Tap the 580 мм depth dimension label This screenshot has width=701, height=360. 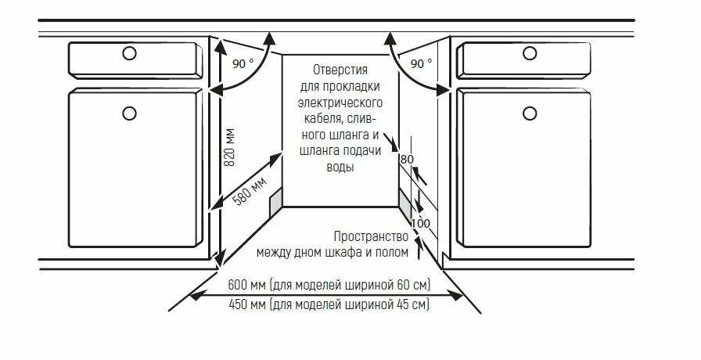(x=250, y=191)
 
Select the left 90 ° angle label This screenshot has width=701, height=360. (x=243, y=64)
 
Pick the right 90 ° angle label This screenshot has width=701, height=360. (x=421, y=64)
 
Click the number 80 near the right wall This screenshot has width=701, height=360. (x=407, y=159)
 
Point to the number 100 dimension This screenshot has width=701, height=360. (x=420, y=223)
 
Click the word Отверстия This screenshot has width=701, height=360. (x=340, y=70)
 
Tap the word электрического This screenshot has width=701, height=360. (x=340, y=103)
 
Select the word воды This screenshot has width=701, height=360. (x=340, y=167)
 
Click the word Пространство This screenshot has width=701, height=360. (x=371, y=236)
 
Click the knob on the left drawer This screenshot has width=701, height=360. (x=129, y=54)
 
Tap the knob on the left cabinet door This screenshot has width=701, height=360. (x=129, y=113)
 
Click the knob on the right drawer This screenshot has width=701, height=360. (x=530, y=54)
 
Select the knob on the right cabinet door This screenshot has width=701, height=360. (x=530, y=113)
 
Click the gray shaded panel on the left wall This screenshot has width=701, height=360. (x=276, y=203)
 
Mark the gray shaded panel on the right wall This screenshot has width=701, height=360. (x=405, y=203)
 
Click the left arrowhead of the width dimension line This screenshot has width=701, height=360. (x=197, y=295)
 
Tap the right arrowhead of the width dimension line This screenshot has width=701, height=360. (x=455, y=295)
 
